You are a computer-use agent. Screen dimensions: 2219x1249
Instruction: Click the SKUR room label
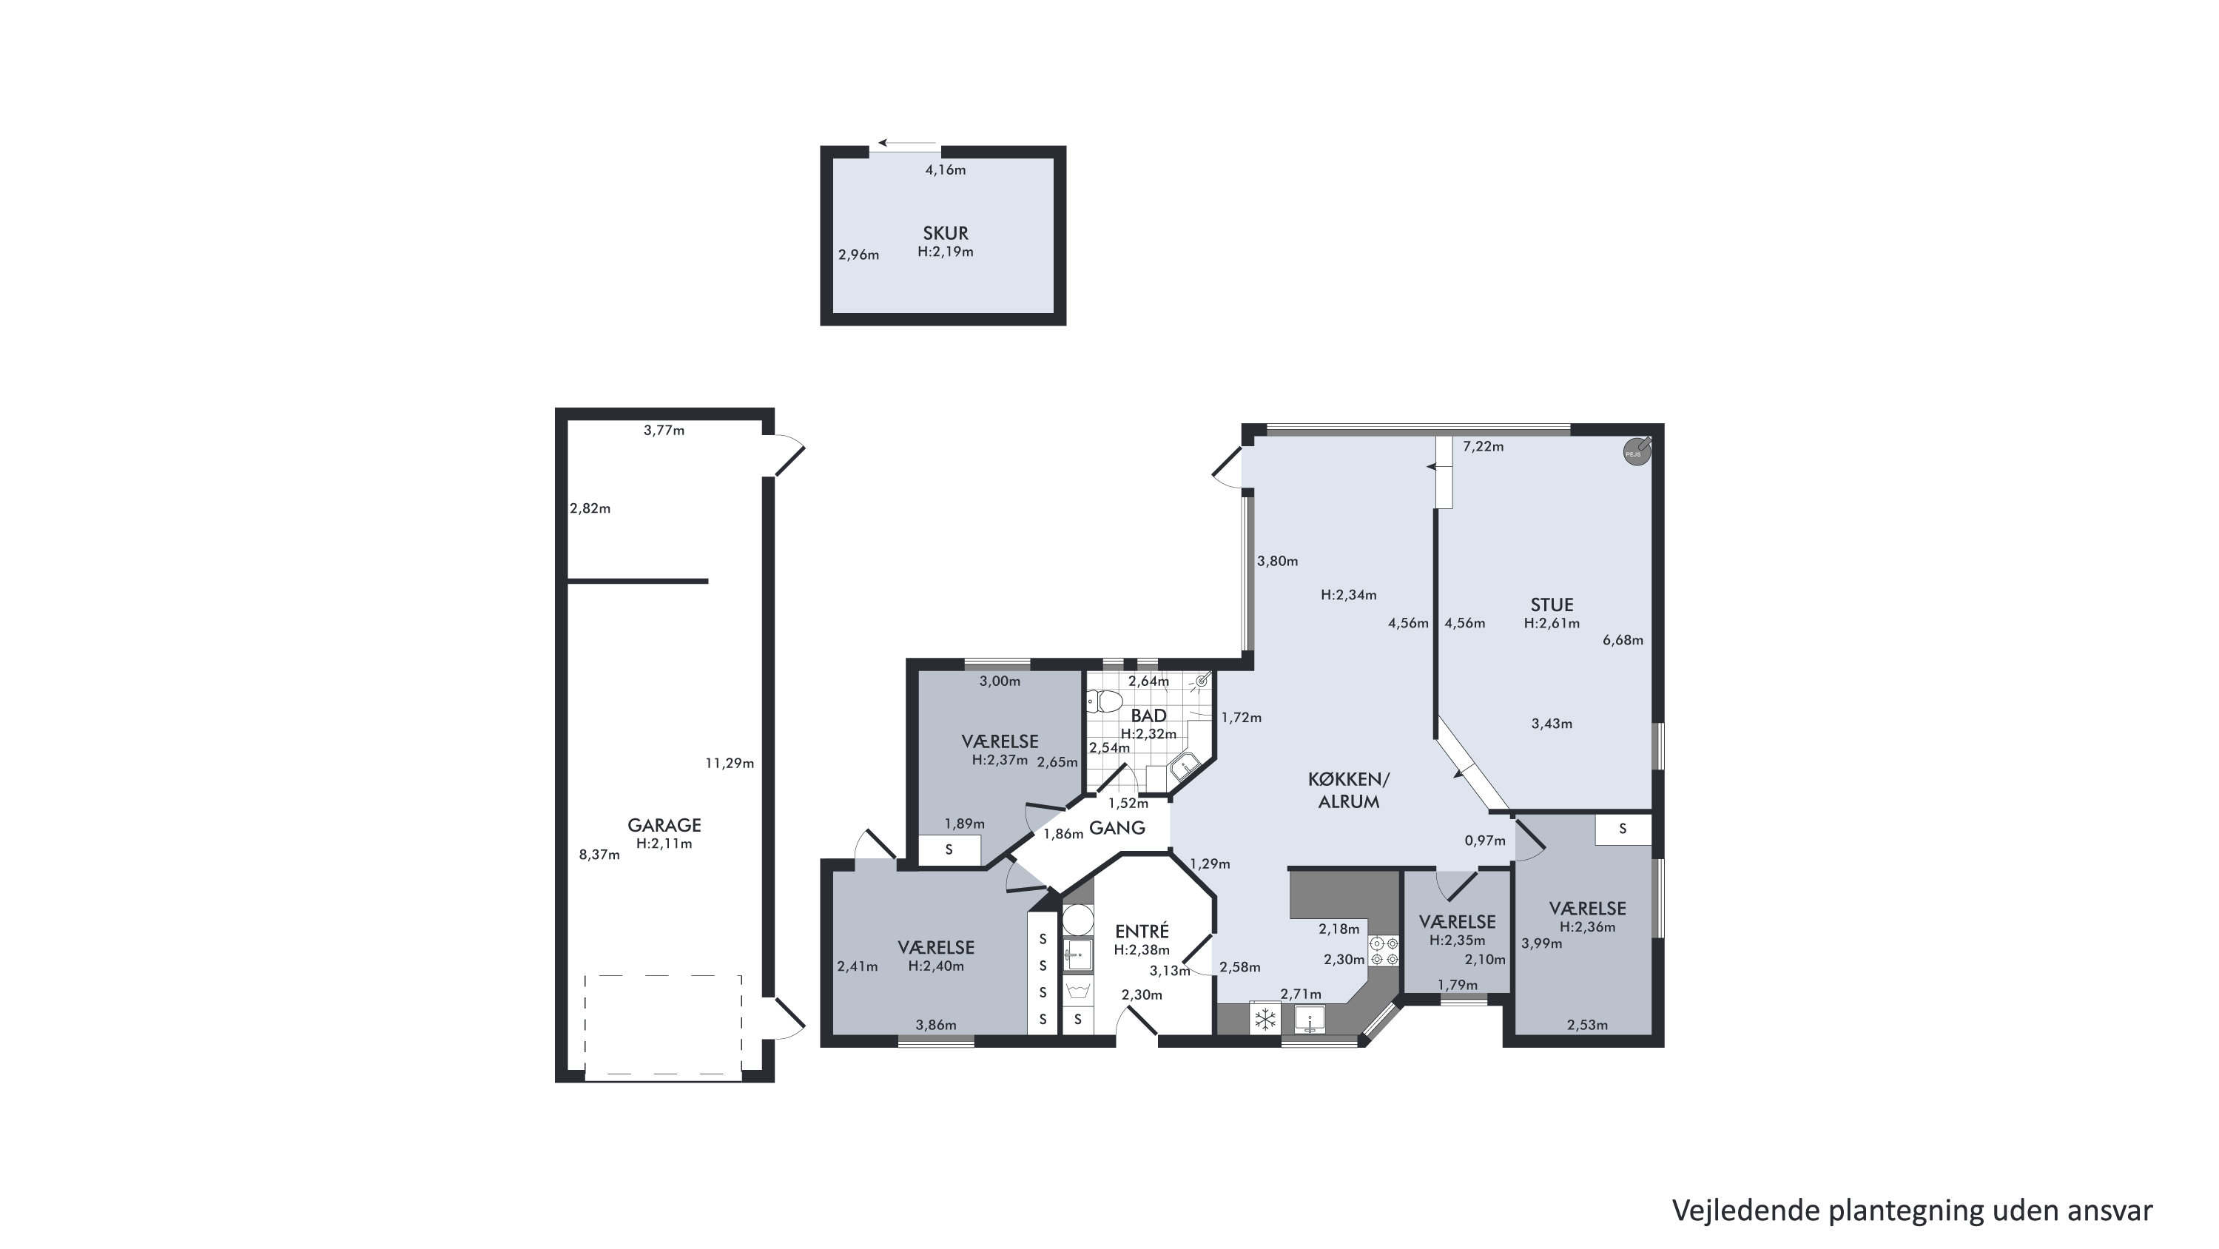coord(945,232)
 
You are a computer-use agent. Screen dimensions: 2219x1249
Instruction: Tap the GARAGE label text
coord(664,825)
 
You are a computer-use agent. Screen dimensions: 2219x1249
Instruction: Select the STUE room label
coord(1552,605)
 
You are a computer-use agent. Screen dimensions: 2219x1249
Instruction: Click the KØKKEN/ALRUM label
coord(1349,790)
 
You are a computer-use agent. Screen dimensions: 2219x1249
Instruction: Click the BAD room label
coord(1148,716)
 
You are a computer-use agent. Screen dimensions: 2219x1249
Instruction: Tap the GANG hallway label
coord(1117,828)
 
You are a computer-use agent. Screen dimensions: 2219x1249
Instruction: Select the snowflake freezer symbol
coord(1265,1020)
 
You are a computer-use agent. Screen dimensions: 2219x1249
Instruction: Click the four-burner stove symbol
coord(1384,950)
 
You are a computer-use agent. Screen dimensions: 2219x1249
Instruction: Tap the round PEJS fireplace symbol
coord(1637,451)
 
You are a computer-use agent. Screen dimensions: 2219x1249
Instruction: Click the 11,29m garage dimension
coord(730,763)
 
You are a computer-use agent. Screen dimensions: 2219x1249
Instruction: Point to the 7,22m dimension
coord(1484,446)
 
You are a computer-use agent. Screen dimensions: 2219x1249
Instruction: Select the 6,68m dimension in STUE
coord(1623,640)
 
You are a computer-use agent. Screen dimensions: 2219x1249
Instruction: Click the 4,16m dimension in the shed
coord(946,169)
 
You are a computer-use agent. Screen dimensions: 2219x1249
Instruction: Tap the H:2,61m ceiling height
coord(1552,624)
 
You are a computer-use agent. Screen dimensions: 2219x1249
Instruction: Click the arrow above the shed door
coord(907,144)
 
